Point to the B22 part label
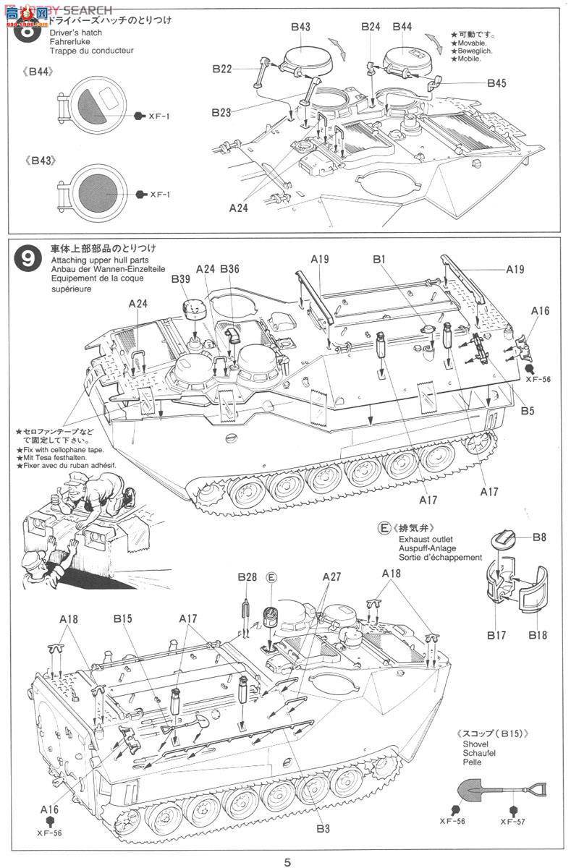[221, 69]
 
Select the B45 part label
[496, 83]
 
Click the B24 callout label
[371, 27]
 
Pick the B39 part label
[161, 279]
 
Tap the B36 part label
[229, 269]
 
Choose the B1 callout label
[380, 258]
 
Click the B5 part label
[527, 411]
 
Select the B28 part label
[247, 576]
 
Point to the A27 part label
[331, 576]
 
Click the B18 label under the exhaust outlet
[536, 635]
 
